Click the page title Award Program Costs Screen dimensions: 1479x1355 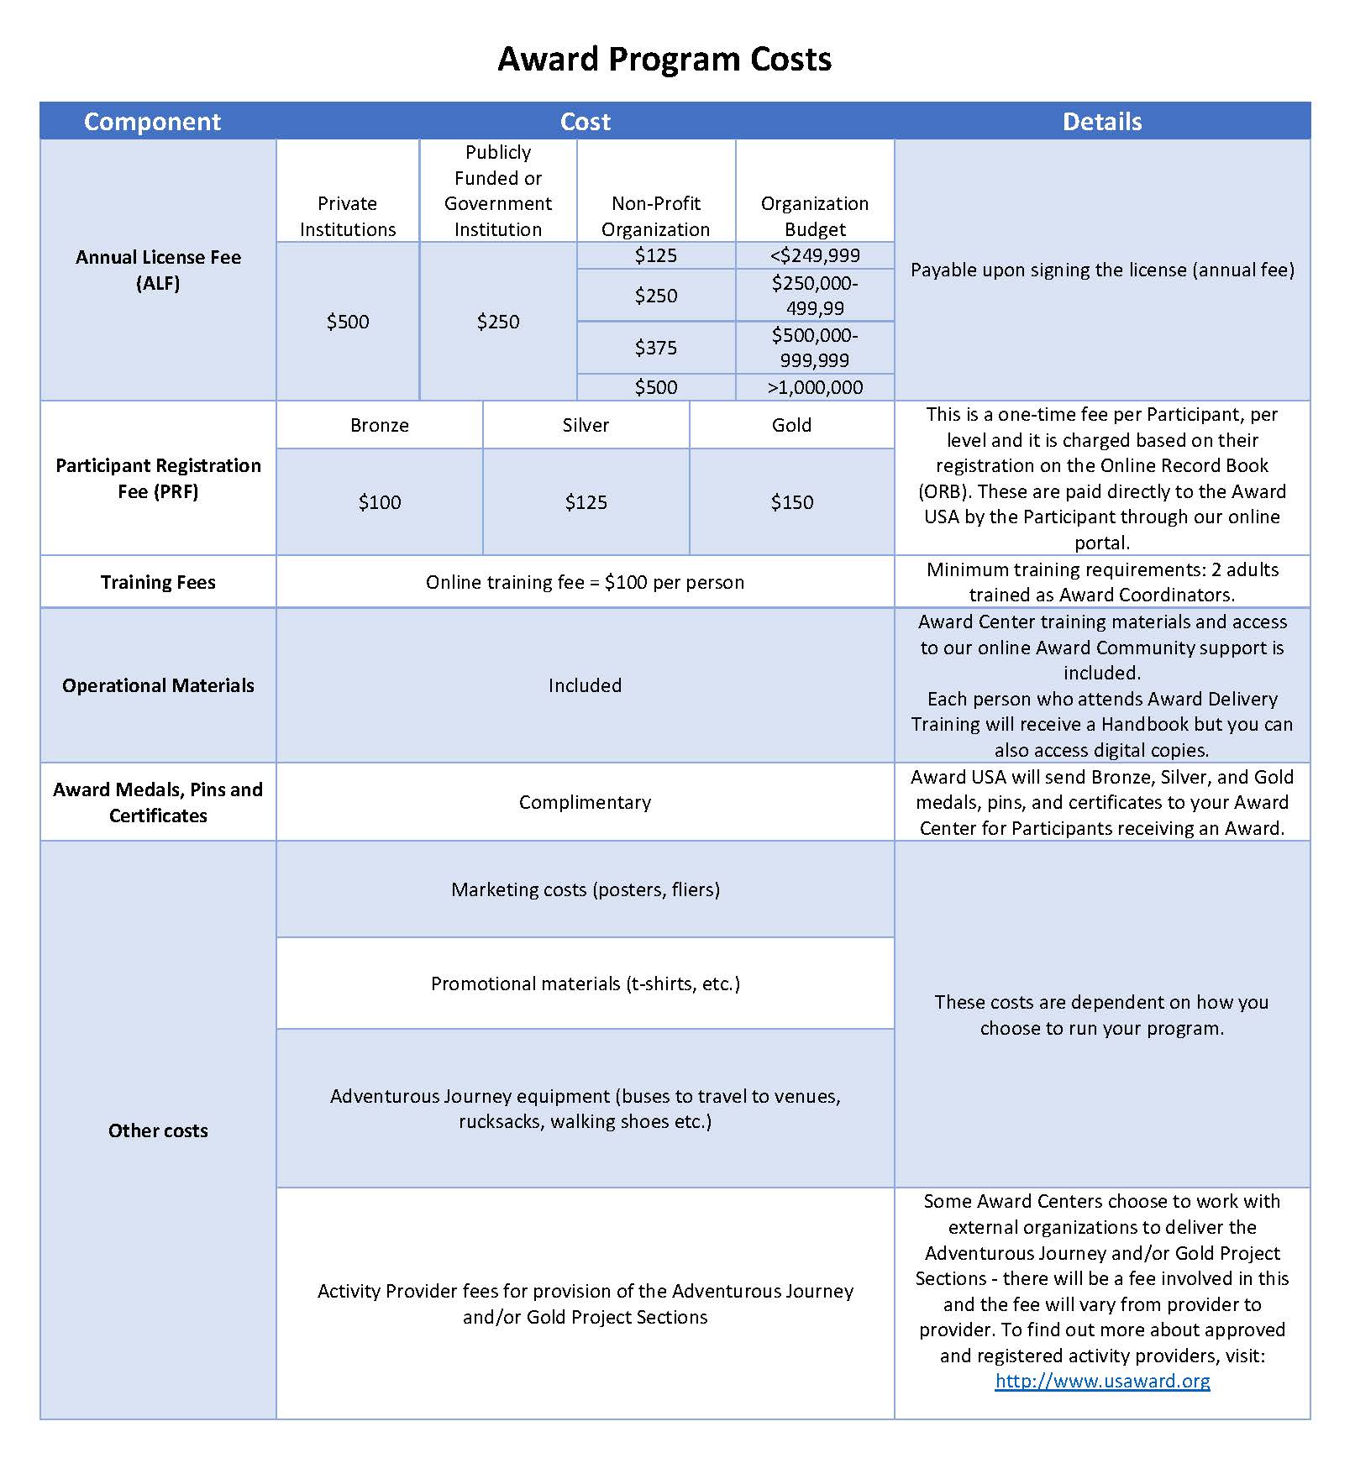point(664,60)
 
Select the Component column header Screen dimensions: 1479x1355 point(152,122)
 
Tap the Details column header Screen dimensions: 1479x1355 point(1101,122)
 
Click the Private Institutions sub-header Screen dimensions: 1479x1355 point(347,217)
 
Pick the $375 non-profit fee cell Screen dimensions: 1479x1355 point(655,348)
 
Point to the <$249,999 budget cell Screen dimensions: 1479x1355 point(814,255)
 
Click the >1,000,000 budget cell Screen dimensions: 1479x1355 point(814,387)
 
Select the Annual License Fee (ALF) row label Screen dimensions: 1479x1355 point(158,270)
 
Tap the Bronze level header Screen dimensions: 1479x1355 point(379,425)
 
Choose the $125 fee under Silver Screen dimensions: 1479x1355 point(586,502)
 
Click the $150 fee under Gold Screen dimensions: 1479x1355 point(791,502)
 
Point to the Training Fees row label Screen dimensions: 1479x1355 point(158,582)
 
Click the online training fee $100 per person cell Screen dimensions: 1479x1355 point(585,582)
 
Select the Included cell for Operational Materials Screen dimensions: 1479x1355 point(585,685)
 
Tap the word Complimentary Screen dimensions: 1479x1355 point(585,802)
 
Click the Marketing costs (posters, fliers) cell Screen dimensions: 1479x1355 point(585,889)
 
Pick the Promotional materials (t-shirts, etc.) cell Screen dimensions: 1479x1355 point(585,983)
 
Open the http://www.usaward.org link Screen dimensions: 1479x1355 point(1102,1381)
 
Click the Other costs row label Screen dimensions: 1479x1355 point(158,1130)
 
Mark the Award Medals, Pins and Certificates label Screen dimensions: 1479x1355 point(158,802)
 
